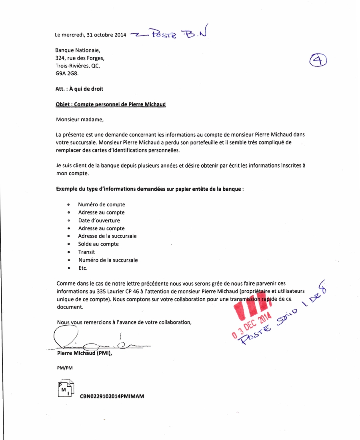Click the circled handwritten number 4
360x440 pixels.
coord(318,61)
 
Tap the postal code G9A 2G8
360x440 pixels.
coord(67,74)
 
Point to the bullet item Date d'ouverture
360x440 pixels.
coord(99,220)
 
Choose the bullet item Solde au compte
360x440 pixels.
coord(98,244)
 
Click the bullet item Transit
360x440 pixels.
coord(86,252)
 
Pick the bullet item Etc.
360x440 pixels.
coord(83,268)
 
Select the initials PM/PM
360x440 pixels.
coord(65,368)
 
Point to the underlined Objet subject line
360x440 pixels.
coord(111,104)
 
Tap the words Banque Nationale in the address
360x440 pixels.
coord(78,50)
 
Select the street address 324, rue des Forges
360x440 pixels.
coord(80,58)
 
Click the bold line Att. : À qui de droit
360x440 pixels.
coord(79,89)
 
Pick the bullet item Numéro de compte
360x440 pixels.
coord(102,204)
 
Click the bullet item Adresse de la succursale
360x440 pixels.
coord(107,236)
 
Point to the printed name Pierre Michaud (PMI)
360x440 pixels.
coord(84,353)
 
